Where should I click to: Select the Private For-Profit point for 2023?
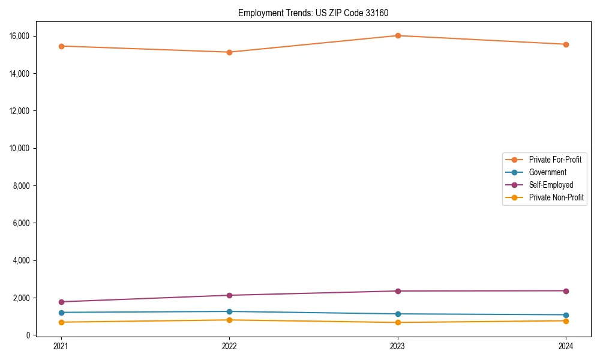[x=397, y=35]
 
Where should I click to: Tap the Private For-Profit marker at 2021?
[x=61, y=46]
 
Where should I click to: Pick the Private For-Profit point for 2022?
[x=229, y=52]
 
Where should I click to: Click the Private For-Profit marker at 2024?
[x=566, y=44]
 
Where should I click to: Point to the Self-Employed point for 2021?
[x=61, y=302]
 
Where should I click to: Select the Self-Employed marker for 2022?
[x=229, y=295]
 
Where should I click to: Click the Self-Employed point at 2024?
[x=566, y=291]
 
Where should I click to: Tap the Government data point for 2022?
[x=229, y=311]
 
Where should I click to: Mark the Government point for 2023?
[x=397, y=314]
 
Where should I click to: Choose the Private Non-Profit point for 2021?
[x=61, y=322]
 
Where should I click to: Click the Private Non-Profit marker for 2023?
[x=397, y=323]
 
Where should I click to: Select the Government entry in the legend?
[x=547, y=172]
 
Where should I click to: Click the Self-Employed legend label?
[x=551, y=185]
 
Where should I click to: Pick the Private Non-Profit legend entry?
[x=556, y=197]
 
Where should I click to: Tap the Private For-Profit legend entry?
[x=555, y=160]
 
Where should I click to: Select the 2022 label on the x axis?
[x=229, y=346]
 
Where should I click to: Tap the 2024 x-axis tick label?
[x=566, y=346]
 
